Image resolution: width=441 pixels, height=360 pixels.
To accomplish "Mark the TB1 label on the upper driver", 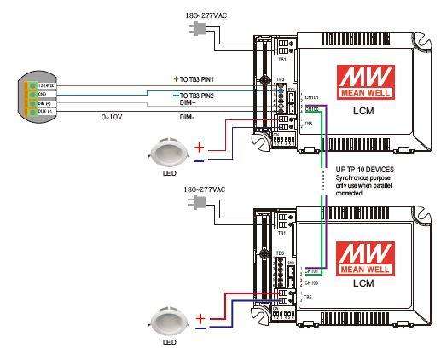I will (282, 61).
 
